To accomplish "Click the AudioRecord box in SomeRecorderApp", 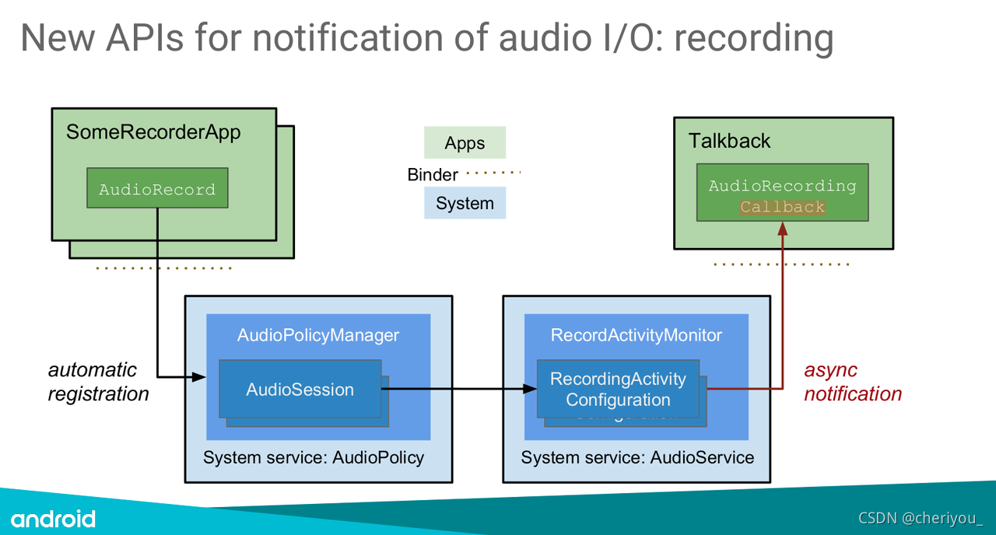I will (x=157, y=188).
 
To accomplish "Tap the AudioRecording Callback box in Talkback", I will (x=782, y=196).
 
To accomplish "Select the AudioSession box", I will (x=300, y=389).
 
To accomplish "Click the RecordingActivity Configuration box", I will (x=618, y=389).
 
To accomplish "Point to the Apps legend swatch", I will (x=465, y=143).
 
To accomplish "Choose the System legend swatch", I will (x=465, y=203).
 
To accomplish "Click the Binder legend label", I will (x=433, y=174).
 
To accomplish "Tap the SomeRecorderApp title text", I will (x=153, y=132).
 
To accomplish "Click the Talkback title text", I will (x=729, y=141).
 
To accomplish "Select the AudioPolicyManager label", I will (x=317, y=335).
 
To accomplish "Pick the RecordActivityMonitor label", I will (x=636, y=335).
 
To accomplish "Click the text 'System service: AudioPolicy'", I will (x=313, y=457).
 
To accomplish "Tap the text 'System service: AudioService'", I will (x=637, y=457).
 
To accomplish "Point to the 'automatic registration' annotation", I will (x=98, y=382).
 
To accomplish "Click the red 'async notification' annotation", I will (x=852, y=382).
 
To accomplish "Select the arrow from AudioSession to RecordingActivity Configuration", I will (x=459, y=388).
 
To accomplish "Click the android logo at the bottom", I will (x=53, y=519).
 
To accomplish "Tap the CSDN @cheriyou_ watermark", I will (x=921, y=518).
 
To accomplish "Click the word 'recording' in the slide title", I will (x=753, y=37).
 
